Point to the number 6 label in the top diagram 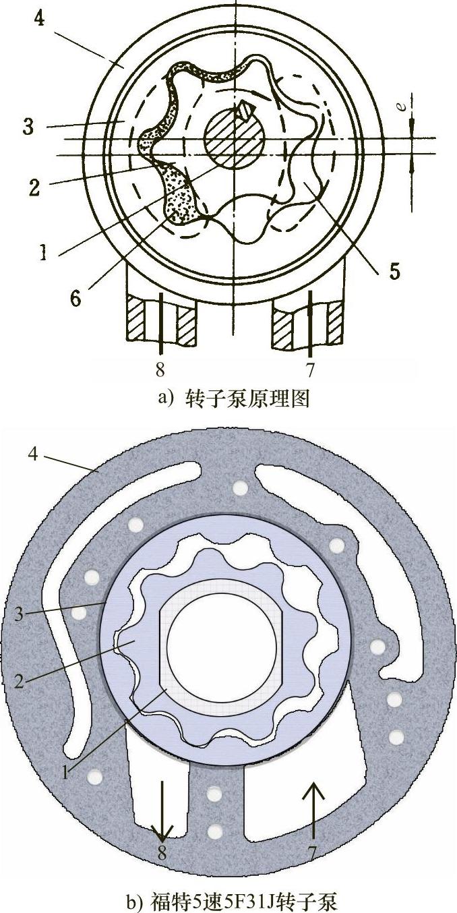75,297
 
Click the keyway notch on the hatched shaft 245,108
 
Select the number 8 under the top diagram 160,370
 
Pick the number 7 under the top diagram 311,370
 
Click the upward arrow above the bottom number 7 313,809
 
